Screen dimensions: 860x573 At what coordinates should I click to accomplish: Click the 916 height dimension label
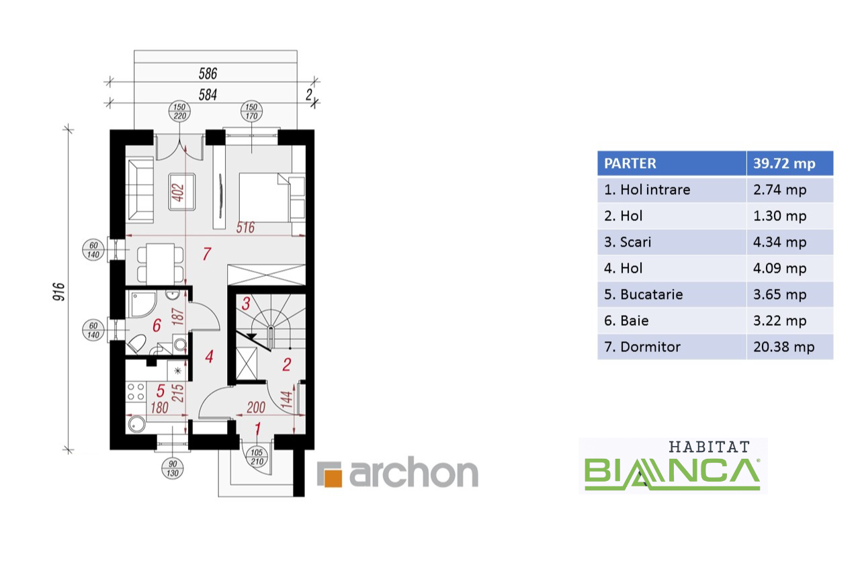[58, 292]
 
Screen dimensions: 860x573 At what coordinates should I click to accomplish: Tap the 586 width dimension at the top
[208, 73]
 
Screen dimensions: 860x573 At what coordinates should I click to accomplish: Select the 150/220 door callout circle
[179, 112]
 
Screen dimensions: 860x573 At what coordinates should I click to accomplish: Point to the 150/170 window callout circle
[251, 112]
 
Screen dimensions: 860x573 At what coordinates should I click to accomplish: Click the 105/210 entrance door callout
[257, 457]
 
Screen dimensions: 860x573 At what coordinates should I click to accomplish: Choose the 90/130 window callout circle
[173, 469]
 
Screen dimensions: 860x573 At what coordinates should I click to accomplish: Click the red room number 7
[207, 254]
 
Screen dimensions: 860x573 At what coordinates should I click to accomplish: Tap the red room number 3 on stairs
[246, 304]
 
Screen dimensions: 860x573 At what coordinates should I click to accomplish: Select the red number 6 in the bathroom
[157, 325]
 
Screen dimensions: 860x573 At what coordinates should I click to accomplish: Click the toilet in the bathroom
[136, 344]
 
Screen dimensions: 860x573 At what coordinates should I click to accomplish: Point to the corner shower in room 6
[142, 304]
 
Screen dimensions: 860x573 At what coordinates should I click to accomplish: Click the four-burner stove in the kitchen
[136, 392]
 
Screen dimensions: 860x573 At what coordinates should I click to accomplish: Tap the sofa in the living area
[140, 191]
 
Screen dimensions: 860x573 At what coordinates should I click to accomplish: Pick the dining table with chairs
[160, 264]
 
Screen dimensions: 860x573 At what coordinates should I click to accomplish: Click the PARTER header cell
[672, 163]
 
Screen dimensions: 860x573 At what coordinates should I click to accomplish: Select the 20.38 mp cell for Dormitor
[789, 347]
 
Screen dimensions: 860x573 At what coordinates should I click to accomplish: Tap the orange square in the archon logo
[333, 478]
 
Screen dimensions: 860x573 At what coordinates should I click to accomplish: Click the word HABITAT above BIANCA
[709, 447]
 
